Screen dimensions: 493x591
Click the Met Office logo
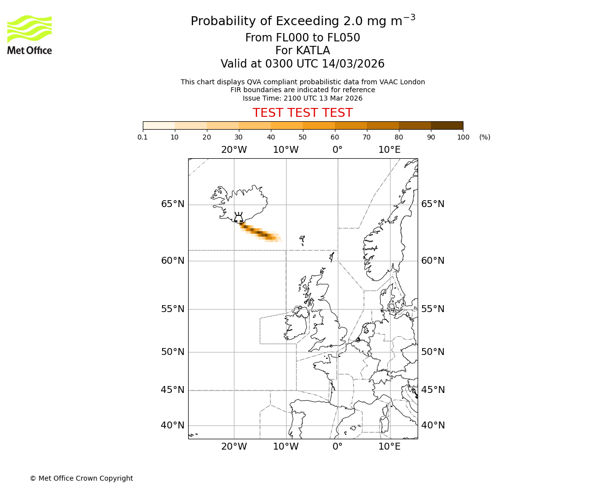pos(30,35)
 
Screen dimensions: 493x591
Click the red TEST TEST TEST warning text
pos(302,113)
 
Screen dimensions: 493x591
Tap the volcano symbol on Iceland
pos(238,218)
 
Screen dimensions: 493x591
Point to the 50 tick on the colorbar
pos(303,137)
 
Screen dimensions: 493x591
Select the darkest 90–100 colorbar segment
pos(447,125)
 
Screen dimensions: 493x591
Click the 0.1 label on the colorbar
pos(143,137)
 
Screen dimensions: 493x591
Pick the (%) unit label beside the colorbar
pos(485,137)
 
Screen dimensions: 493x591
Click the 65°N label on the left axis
pos(172,204)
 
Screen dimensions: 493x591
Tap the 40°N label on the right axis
pos(433,425)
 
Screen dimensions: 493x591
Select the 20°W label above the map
pos(234,149)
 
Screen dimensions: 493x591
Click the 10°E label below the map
pos(390,447)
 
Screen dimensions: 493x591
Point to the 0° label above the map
pos(337,149)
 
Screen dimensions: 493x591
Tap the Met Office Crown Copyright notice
pos(81,478)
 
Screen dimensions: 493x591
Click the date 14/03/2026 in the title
pos(353,64)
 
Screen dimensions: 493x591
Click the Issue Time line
pos(302,98)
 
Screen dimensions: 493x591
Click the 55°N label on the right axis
pos(433,309)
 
